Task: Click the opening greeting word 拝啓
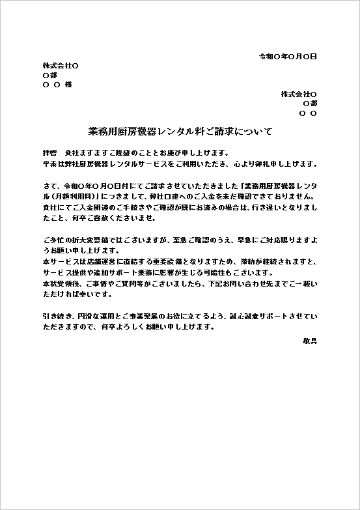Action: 49,152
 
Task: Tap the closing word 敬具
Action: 310,340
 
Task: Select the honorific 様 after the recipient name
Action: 68,85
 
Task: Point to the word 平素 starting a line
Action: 49,163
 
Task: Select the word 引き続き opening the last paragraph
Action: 57,317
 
